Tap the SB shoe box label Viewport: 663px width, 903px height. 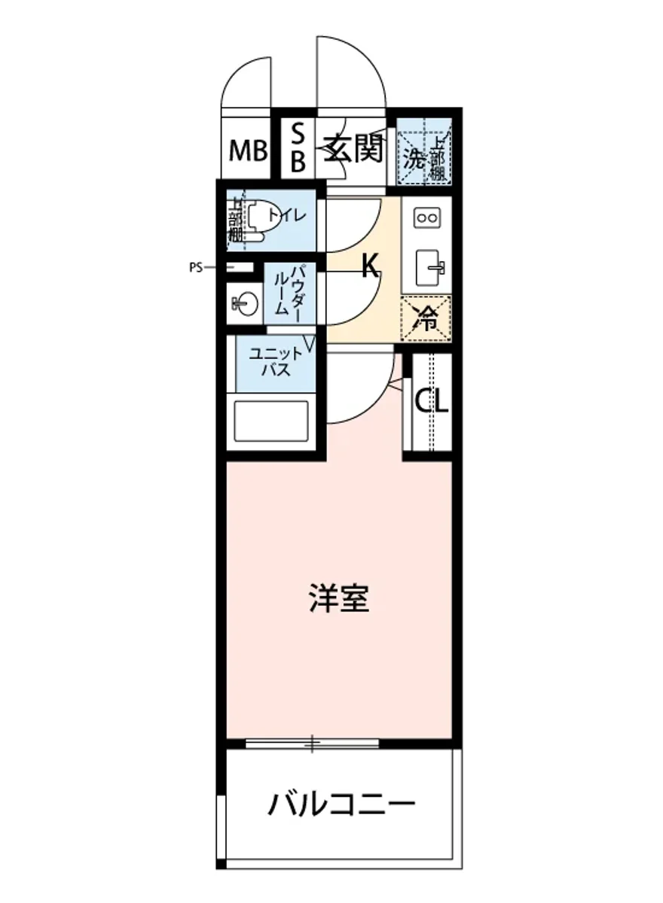pos(298,149)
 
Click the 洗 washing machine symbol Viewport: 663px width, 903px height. pos(414,159)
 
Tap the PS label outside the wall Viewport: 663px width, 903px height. pos(197,266)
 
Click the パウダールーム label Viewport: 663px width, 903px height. pos(289,290)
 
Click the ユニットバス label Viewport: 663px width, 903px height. pos(272,362)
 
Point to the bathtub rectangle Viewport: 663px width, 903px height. pos(271,422)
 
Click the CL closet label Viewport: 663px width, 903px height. pos(432,400)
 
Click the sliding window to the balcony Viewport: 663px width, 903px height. pos(312,744)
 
